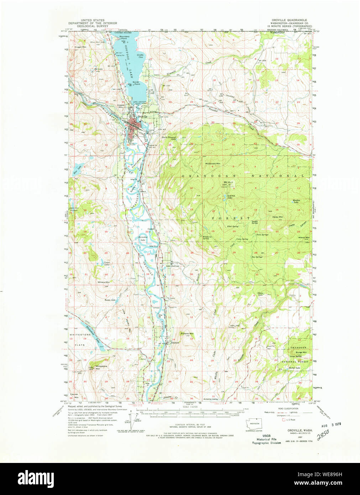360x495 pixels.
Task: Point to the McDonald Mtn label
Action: (x=213, y=163)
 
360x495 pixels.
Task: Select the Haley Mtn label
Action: (x=278, y=217)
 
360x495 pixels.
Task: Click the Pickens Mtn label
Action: (x=187, y=333)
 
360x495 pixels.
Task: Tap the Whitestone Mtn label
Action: (x=101, y=367)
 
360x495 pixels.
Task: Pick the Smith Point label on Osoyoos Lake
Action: (x=136, y=83)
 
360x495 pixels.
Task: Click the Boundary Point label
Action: (x=124, y=37)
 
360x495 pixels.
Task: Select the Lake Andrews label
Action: (x=172, y=266)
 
